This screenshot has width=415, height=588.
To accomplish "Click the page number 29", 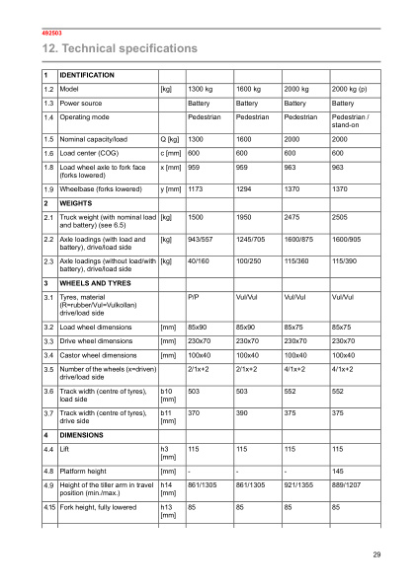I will [376, 555].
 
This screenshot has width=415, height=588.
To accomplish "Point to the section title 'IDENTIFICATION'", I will [87, 75].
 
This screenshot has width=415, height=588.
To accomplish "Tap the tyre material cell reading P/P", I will [194, 296].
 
